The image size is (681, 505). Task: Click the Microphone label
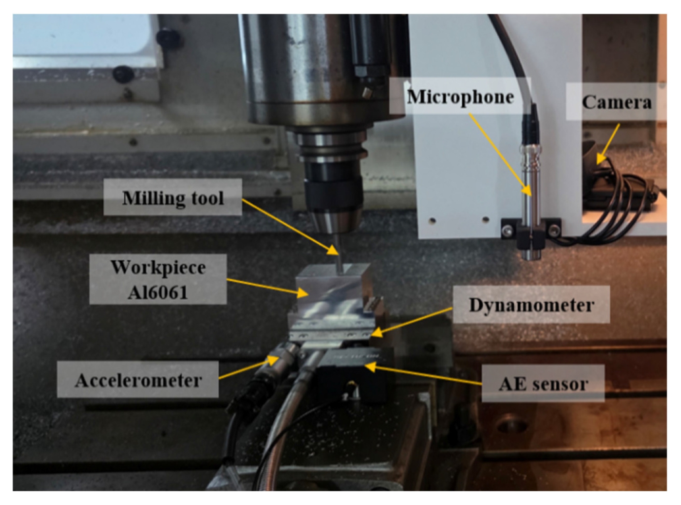tap(461, 97)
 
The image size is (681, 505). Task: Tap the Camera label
tap(617, 102)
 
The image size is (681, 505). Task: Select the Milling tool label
tap(173, 198)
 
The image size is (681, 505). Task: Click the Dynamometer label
tap(531, 305)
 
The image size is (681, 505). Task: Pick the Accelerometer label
tap(138, 380)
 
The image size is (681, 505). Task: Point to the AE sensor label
tap(543, 384)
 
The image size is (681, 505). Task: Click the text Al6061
tap(158, 292)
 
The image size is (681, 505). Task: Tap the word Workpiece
tap(158, 268)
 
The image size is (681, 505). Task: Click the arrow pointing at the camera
tap(608, 144)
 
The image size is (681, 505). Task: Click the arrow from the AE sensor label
tap(423, 375)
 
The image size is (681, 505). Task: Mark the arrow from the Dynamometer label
tap(412, 323)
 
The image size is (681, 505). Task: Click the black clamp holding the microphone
tap(531, 231)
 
